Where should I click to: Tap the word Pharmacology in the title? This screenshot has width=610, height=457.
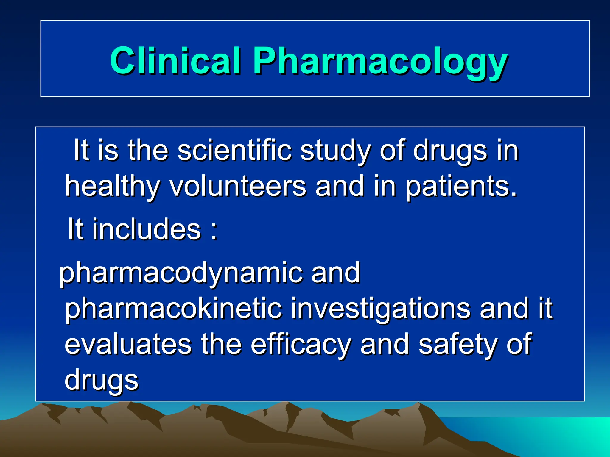380,62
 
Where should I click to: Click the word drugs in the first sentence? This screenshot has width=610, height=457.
450,152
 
